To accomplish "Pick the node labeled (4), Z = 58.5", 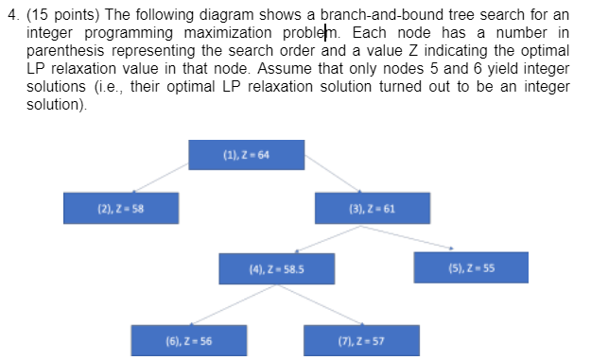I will point(276,267).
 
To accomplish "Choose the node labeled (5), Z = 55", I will point(471,267).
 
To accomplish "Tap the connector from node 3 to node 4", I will point(321,236).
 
